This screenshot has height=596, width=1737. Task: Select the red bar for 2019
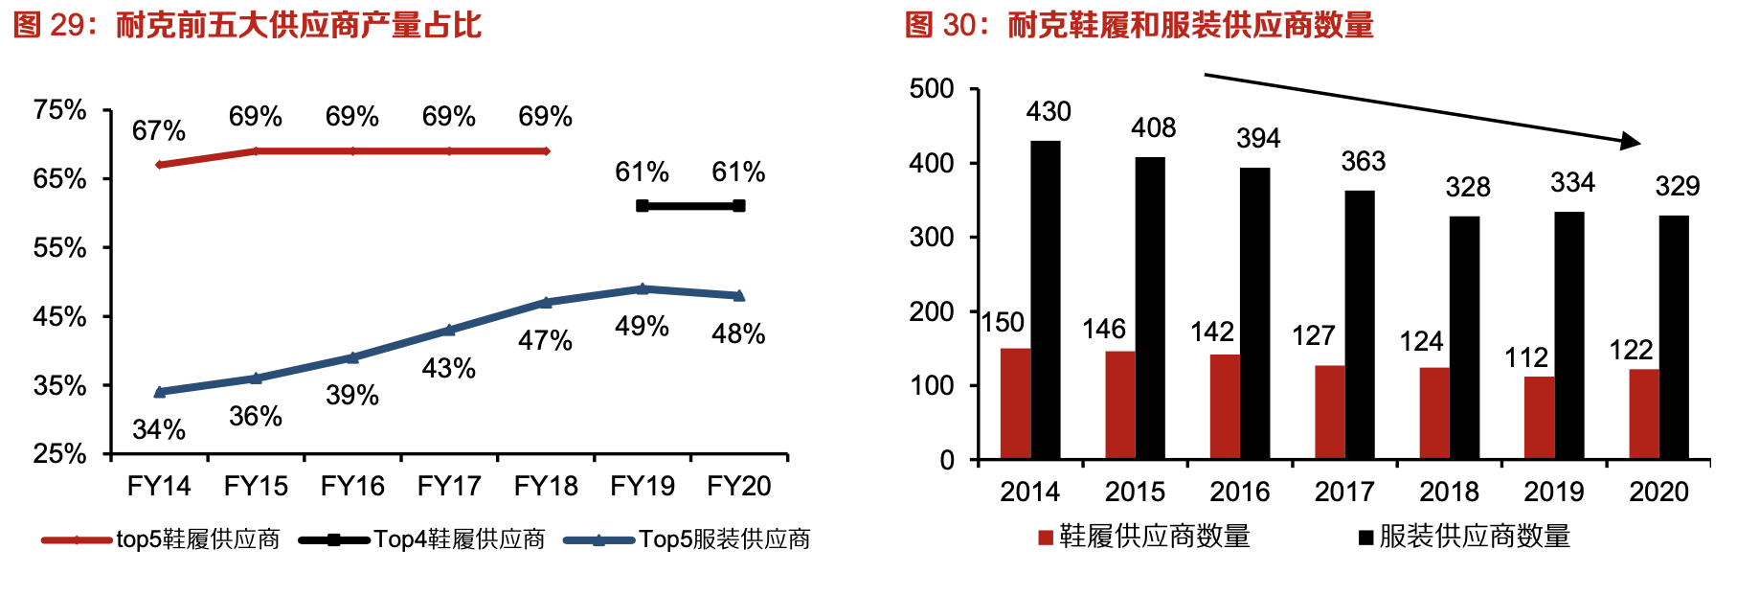click(1540, 418)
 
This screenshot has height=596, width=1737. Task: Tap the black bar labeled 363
click(1360, 325)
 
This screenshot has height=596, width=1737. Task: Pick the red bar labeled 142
click(1225, 406)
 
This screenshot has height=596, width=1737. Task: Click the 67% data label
click(159, 130)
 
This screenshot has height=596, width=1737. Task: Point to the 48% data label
click(738, 333)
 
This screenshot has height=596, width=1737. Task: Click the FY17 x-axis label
click(449, 487)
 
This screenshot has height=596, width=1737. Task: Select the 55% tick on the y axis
click(59, 248)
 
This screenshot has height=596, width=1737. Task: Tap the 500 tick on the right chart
click(932, 89)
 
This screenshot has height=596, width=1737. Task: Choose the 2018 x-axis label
click(1450, 492)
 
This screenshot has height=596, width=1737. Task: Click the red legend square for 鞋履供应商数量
click(1046, 538)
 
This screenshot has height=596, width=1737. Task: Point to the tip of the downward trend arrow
click(1638, 144)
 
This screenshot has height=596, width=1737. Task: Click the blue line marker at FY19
click(643, 288)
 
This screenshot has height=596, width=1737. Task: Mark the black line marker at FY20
click(738, 206)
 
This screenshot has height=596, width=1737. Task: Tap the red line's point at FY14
click(159, 165)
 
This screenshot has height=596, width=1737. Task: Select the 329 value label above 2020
click(1677, 186)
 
